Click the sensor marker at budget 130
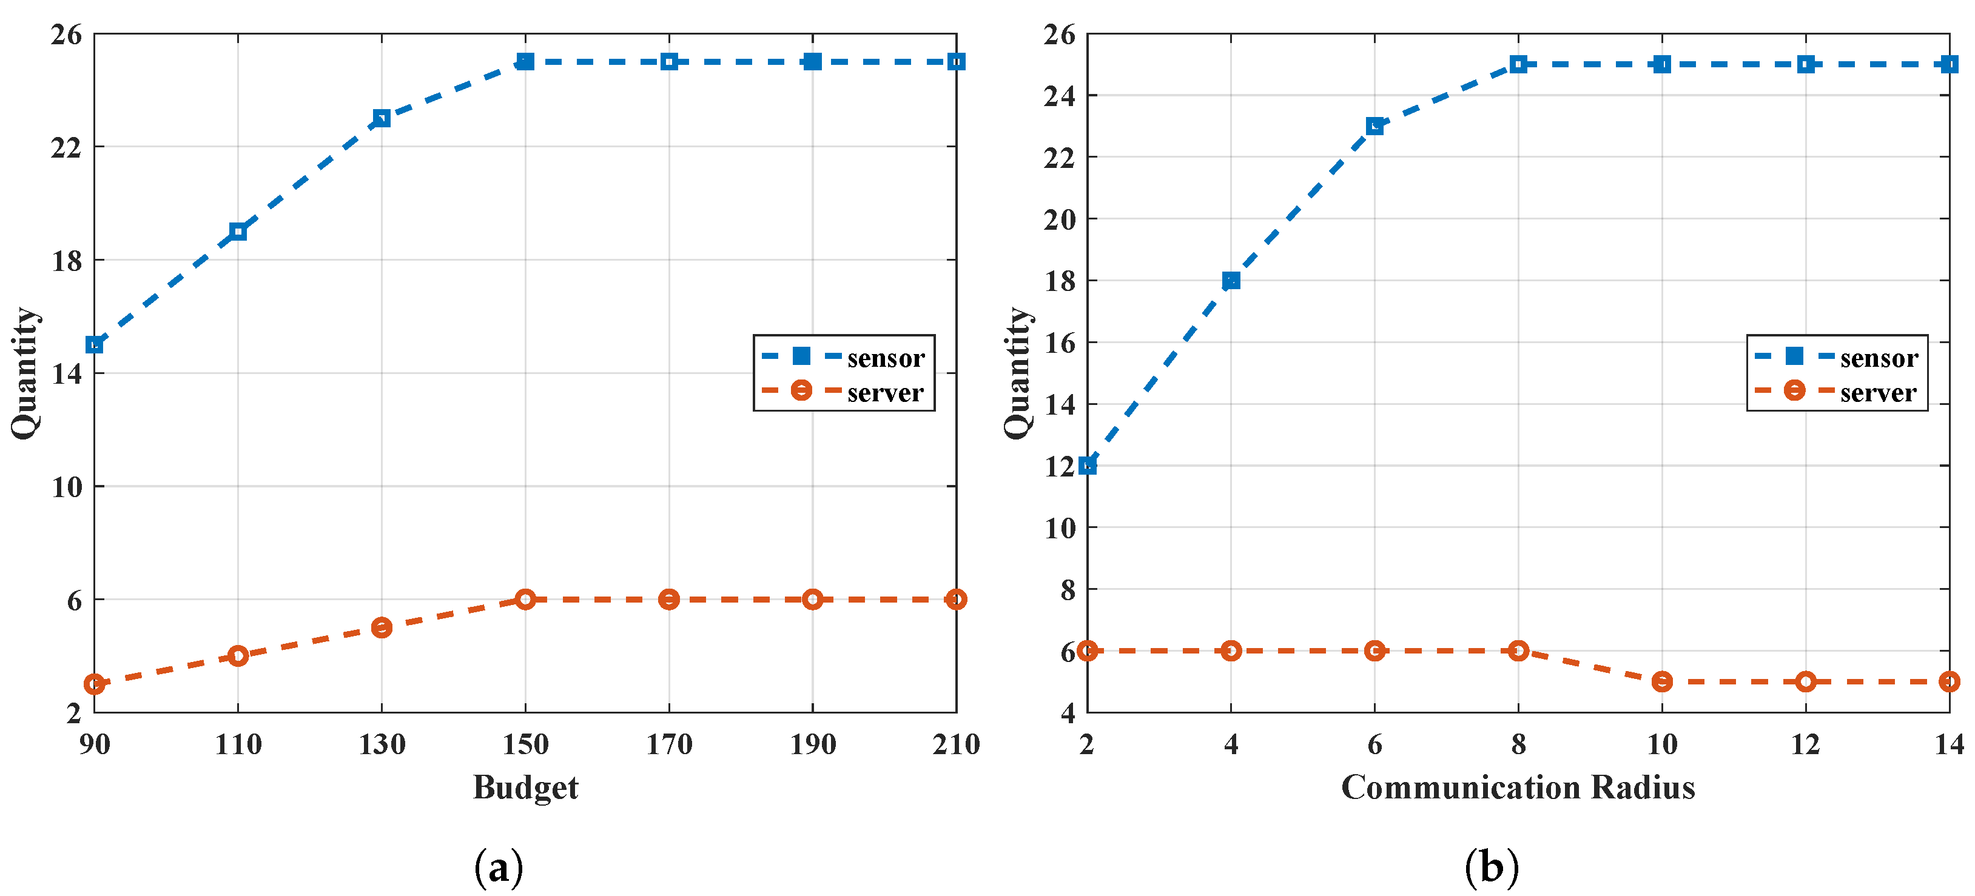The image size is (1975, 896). click(x=382, y=118)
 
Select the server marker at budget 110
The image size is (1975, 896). click(x=238, y=655)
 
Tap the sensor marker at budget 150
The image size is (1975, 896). click(x=525, y=61)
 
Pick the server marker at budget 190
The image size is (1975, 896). click(x=813, y=600)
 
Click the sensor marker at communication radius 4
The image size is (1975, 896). click(x=1231, y=281)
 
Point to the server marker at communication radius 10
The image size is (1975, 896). click(x=1662, y=681)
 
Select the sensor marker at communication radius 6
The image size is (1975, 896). click(x=1374, y=125)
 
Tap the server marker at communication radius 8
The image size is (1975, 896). click(x=1519, y=650)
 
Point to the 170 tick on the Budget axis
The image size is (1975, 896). click(x=669, y=744)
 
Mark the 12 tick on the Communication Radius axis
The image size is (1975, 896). click(x=1806, y=744)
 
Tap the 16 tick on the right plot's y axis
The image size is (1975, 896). click(x=1060, y=343)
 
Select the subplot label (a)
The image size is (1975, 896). click(x=499, y=868)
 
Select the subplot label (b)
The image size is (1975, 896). click(x=1491, y=868)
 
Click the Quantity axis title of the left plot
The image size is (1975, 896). click(x=25, y=373)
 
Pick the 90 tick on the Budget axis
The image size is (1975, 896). click(x=94, y=744)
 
